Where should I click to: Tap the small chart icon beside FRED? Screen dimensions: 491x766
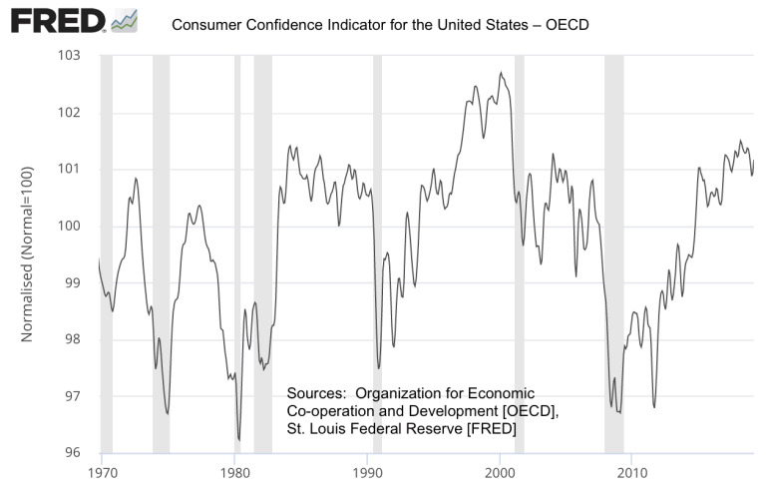[126, 19]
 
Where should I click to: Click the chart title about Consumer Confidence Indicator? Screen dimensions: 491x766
[380, 23]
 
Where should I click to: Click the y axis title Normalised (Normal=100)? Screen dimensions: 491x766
[28, 254]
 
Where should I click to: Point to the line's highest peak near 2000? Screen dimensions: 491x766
[501, 73]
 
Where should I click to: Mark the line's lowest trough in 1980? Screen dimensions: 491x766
[239, 439]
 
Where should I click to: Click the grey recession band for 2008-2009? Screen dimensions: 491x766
[613, 249]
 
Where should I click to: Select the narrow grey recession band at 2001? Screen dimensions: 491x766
[519, 249]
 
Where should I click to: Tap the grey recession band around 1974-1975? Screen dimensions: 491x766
[161, 249]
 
